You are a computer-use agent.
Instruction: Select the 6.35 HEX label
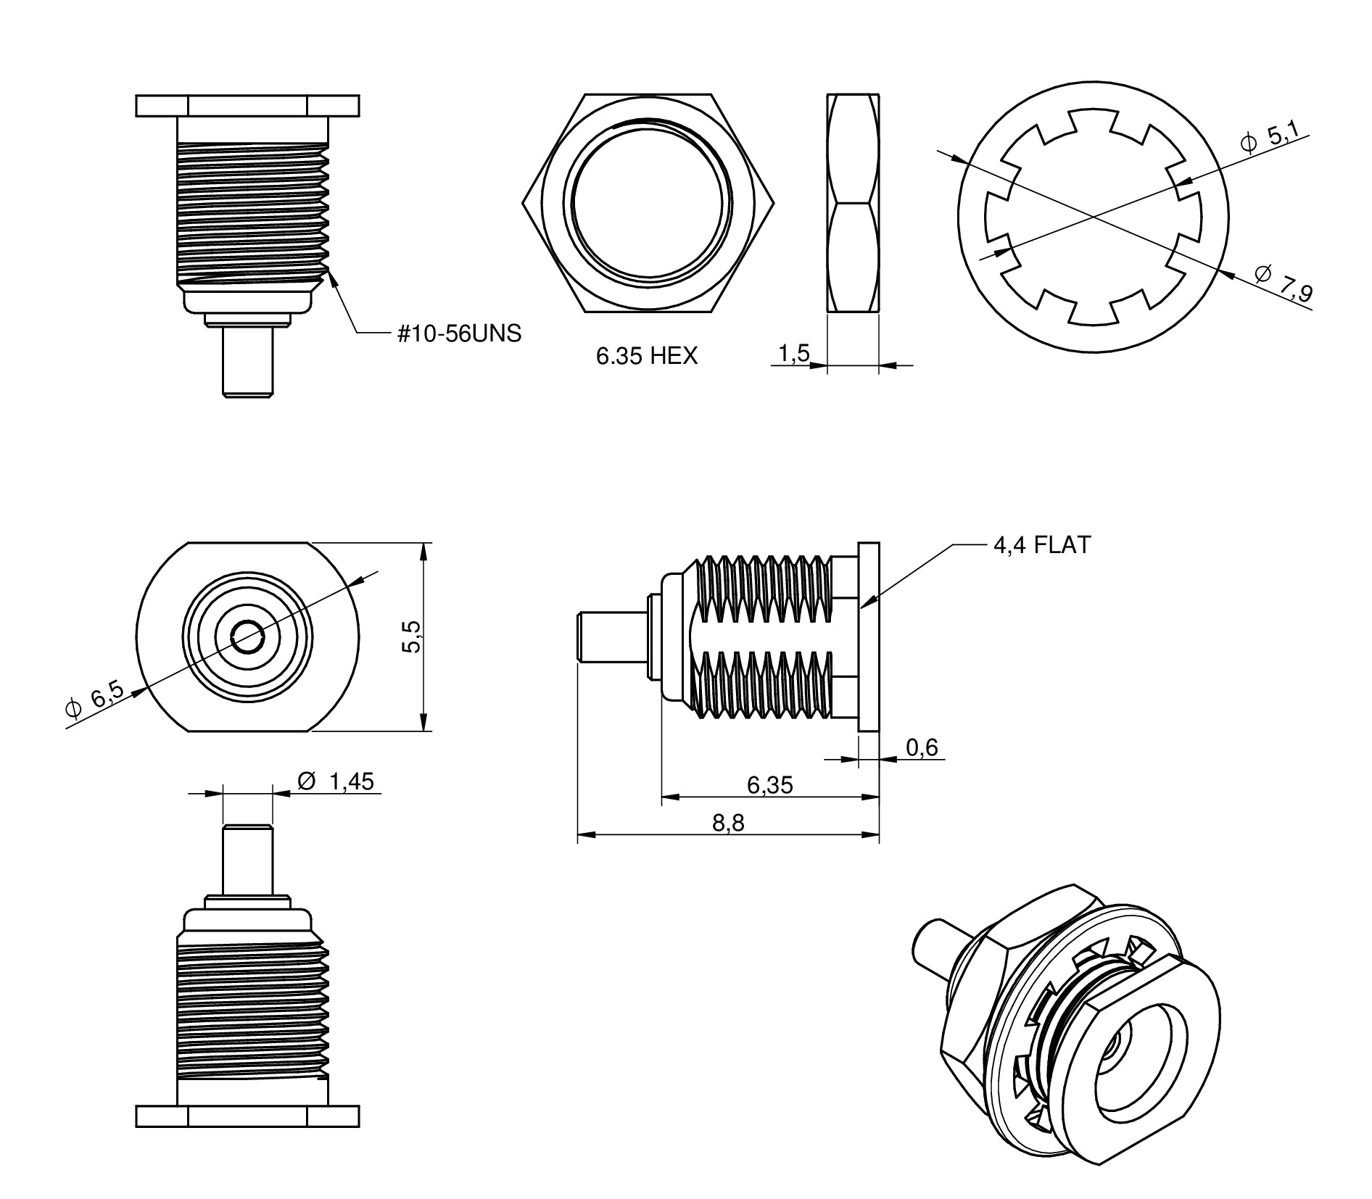pyautogui.click(x=647, y=355)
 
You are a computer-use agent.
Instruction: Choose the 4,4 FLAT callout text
pyautogui.click(x=1041, y=544)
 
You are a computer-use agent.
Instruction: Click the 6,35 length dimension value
pyautogui.click(x=769, y=784)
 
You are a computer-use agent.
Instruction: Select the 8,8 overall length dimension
pyautogui.click(x=728, y=822)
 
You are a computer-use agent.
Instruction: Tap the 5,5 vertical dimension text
pyautogui.click(x=410, y=636)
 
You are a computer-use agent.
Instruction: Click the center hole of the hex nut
pyautogui.click(x=648, y=203)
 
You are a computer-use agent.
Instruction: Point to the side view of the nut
pyautogui.click(x=853, y=203)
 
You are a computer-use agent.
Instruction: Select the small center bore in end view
pyautogui.click(x=247, y=636)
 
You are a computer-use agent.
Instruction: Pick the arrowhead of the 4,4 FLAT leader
pyautogui.click(x=867, y=601)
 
